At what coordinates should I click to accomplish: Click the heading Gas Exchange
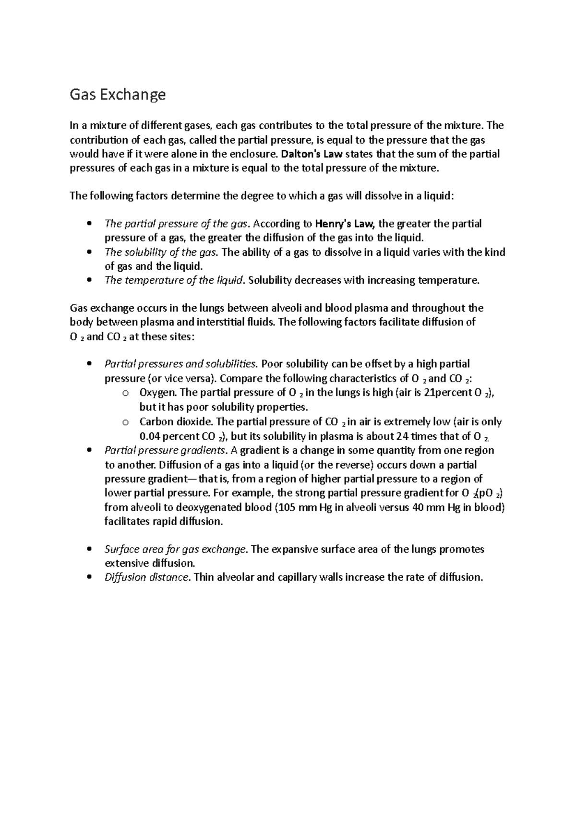click(118, 95)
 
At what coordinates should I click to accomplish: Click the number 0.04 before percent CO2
click(150, 436)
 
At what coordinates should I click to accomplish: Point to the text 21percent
click(448, 393)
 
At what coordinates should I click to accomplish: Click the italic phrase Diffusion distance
click(147, 577)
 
